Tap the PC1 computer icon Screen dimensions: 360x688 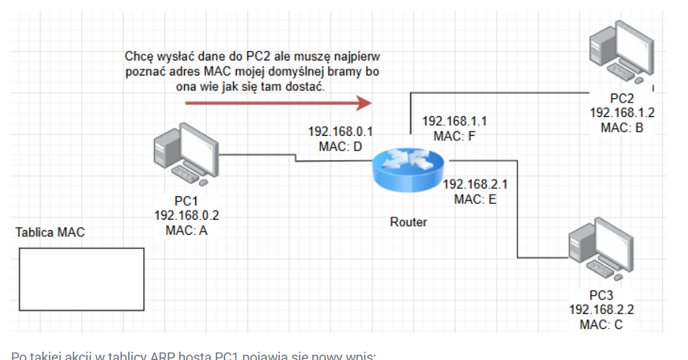click(183, 155)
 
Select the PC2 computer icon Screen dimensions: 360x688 click(621, 54)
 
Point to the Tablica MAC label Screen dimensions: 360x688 click(51, 232)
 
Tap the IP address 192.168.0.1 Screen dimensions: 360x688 click(340, 131)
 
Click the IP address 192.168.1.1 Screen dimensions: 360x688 click(455, 122)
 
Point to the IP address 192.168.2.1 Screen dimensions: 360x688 click(475, 184)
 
